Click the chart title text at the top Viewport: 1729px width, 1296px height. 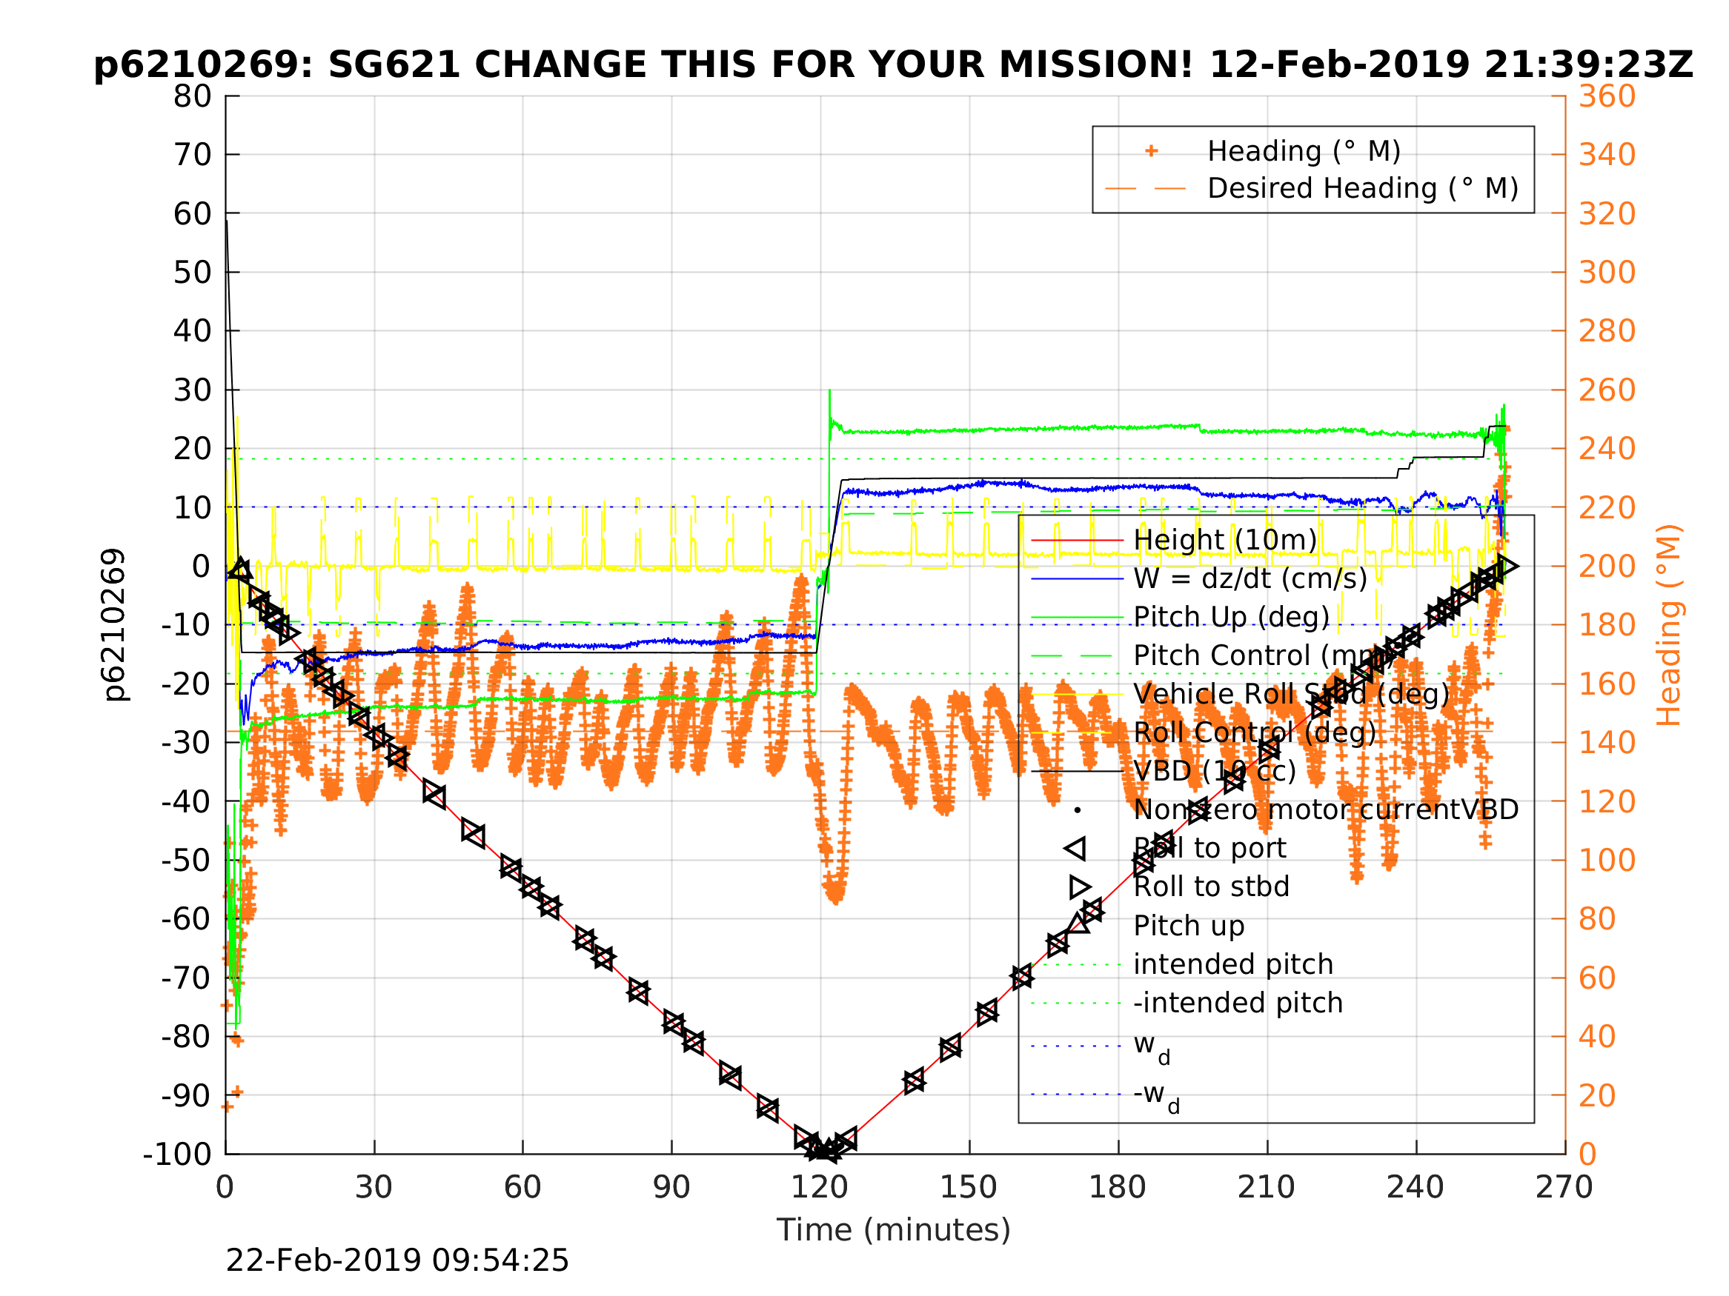[x=892, y=65]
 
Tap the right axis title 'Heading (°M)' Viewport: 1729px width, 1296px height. [x=1668, y=625]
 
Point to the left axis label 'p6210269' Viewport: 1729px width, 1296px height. [x=114, y=625]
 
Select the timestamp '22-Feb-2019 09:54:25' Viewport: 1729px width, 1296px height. [x=397, y=1261]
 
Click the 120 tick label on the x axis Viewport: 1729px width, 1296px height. [x=819, y=1188]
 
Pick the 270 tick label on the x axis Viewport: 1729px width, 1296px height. [x=1564, y=1188]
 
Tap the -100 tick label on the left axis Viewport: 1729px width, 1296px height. [x=177, y=1155]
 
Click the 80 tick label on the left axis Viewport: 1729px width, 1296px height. [x=192, y=97]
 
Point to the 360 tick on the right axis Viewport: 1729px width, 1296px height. [x=1607, y=97]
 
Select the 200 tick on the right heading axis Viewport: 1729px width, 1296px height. [x=1607, y=567]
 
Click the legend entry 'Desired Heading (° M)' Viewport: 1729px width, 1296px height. [x=1362, y=188]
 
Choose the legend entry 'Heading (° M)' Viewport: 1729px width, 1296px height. [x=1304, y=151]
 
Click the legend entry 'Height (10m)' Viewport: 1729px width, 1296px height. [x=1225, y=540]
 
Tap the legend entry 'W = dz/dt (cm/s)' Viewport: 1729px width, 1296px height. [x=1250, y=578]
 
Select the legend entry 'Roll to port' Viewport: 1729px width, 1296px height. [x=1209, y=849]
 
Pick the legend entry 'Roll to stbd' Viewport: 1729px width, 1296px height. [x=1211, y=886]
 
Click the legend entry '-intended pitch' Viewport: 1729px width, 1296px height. [x=1238, y=1003]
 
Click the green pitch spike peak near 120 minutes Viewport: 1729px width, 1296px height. [x=829, y=390]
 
